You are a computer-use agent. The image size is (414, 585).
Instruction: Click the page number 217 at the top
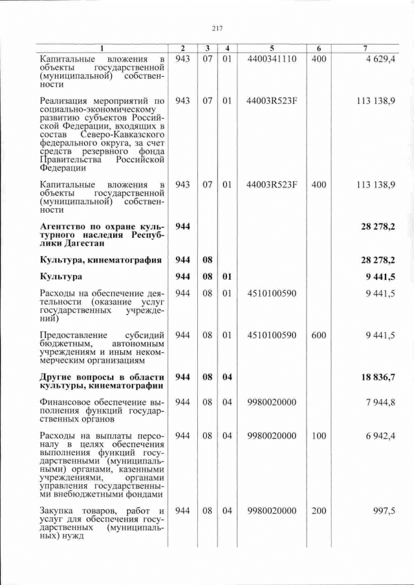click(217, 28)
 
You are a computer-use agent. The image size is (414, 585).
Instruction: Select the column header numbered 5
click(272, 48)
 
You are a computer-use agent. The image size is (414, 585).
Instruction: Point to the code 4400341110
click(272, 59)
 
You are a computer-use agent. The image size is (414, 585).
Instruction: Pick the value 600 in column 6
click(318, 335)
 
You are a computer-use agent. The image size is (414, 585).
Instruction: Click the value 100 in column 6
click(318, 436)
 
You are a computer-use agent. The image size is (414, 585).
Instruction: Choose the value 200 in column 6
click(318, 511)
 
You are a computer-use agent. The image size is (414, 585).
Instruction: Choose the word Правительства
click(71, 160)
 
